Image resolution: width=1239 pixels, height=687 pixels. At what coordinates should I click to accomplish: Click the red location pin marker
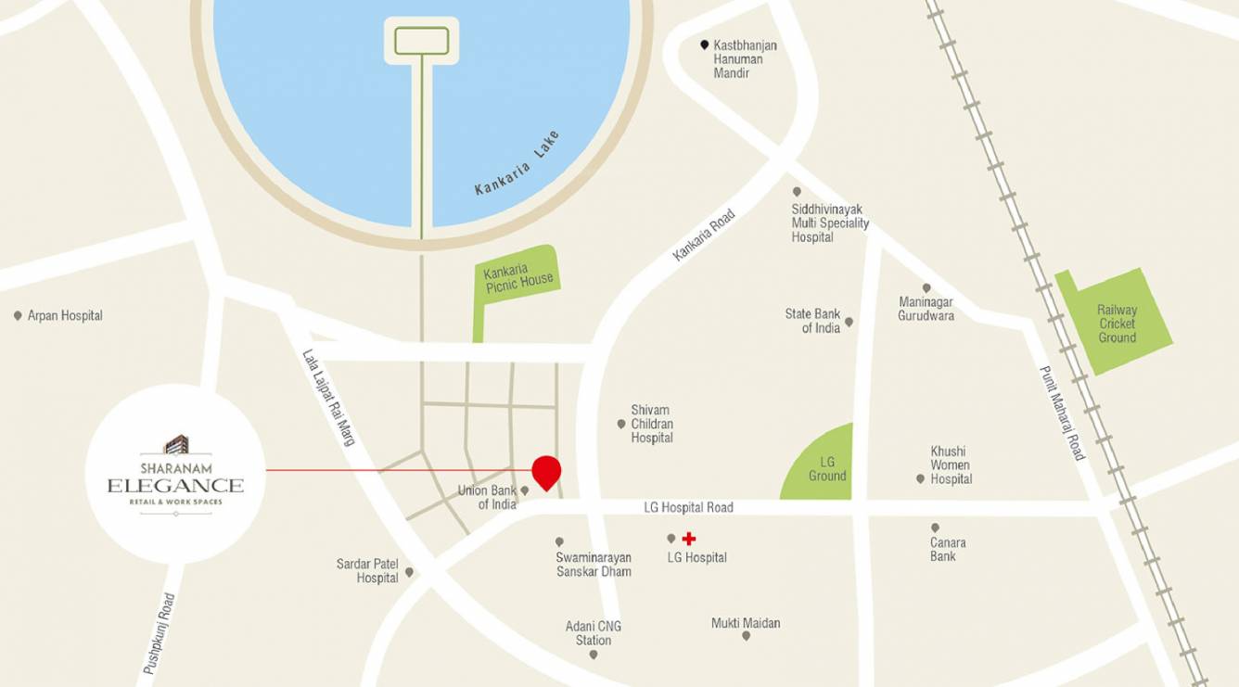[546, 470]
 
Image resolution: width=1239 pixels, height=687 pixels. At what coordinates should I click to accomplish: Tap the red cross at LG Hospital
[688, 539]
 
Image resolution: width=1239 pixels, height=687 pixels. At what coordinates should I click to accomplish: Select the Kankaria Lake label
[517, 163]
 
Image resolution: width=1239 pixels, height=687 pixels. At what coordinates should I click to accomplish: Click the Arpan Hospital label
[65, 316]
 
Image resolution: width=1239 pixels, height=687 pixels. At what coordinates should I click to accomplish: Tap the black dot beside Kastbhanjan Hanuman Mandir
[705, 45]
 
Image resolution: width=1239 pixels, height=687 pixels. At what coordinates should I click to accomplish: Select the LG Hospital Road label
[688, 507]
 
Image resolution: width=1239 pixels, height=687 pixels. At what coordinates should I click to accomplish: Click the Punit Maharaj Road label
[1062, 413]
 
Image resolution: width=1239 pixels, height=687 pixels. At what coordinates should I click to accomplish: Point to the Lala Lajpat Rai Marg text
[329, 397]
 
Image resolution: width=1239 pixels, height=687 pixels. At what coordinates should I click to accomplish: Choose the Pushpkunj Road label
[159, 633]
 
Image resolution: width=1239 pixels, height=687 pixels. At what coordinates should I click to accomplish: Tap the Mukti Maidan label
[746, 623]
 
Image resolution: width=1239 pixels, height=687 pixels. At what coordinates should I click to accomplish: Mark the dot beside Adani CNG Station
[594, 655]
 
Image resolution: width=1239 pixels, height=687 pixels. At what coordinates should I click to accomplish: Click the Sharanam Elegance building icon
[176, 444]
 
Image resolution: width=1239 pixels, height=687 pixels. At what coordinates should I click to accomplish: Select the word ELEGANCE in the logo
[175, 485]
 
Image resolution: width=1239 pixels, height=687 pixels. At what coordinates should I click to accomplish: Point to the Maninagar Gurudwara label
[926, 309]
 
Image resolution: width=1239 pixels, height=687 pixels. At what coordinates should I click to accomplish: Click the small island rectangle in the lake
[422, 41]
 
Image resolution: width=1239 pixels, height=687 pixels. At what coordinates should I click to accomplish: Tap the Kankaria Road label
[704, 235]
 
